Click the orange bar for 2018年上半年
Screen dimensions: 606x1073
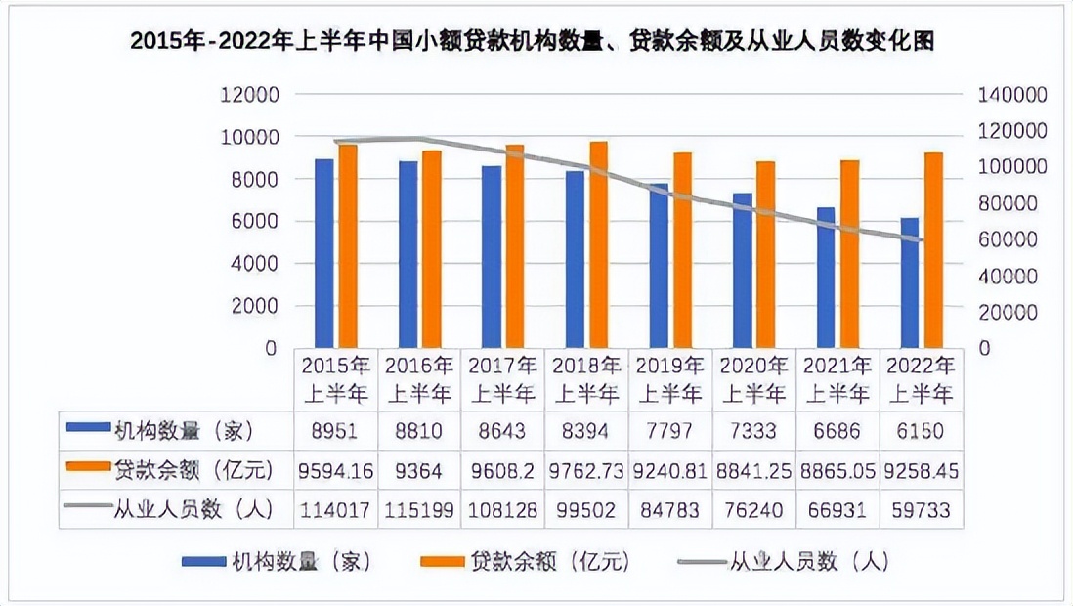click(598, 244)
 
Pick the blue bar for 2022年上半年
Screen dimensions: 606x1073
click(910, 282)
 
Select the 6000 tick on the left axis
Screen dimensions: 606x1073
click(252, 222)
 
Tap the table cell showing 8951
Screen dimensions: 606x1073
click(336, 431)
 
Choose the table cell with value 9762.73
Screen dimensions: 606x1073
click(587, 470)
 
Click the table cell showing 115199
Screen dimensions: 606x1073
click(419, 509)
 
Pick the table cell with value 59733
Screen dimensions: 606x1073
click(920, 509)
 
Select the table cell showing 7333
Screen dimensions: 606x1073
click(753, 431)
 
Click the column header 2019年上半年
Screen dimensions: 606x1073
click(670, 380)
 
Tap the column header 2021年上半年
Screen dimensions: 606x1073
click(837, 380)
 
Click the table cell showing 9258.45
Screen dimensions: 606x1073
click(920, 470)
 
